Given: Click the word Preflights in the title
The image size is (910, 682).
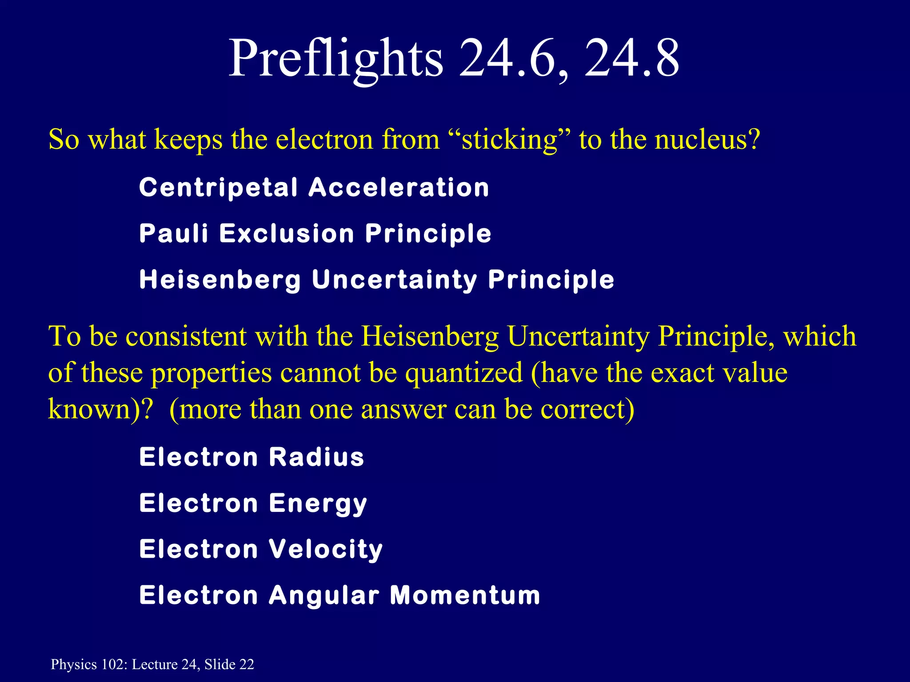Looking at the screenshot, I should point(335,59).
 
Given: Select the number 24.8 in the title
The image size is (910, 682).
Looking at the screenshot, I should point(631,59).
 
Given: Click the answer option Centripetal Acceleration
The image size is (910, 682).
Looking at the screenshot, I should point(314,187).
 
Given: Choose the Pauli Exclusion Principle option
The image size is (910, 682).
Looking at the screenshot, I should point(315,234).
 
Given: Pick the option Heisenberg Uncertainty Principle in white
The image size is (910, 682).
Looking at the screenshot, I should point(377,280).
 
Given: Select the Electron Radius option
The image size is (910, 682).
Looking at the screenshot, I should point(251,457).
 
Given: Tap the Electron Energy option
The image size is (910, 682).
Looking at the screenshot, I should point(253,504).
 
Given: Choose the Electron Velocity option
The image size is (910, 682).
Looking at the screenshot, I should point(261,549).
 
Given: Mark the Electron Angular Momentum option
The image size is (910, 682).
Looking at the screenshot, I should point(339,595).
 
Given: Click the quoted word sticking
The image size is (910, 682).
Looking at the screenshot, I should point(509,140).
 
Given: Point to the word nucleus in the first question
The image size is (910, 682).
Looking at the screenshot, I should point(700,139).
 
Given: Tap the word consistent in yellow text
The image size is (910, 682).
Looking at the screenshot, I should point(186,336).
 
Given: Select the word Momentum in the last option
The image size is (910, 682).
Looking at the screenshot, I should point(465,595).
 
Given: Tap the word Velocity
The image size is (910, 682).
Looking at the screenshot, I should point(326,549).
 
